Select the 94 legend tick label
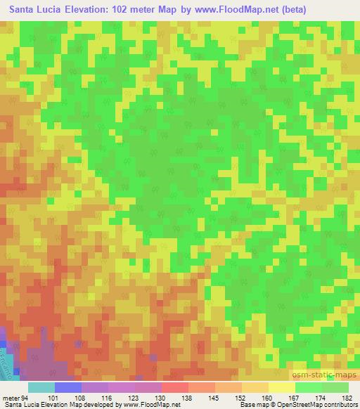[25, 398]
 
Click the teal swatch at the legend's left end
[41, 387]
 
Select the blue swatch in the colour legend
[67, 387]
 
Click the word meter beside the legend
[10, 398]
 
